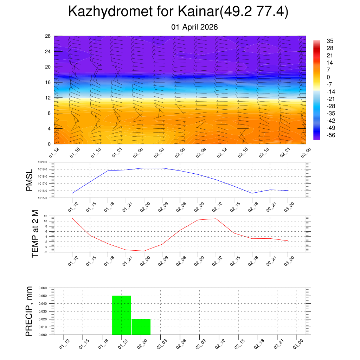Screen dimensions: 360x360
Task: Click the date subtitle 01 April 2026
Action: pos(194,27)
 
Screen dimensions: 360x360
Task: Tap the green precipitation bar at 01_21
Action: pos(122,315)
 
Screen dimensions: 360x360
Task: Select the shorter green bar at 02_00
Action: pos(141,327)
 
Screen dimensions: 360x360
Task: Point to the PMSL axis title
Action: pos(29,180)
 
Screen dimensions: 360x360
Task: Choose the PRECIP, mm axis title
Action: pos(29,311)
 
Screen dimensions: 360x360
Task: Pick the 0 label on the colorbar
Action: pos(328,77)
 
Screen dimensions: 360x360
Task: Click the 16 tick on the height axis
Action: pos(48,82)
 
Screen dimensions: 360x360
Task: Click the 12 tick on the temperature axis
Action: pos(46,216)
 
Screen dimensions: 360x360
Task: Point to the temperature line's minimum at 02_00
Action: pos(144,251)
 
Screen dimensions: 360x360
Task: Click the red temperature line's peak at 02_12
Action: pos(216,219)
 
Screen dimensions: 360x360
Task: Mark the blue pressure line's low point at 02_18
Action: pos(252,193)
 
